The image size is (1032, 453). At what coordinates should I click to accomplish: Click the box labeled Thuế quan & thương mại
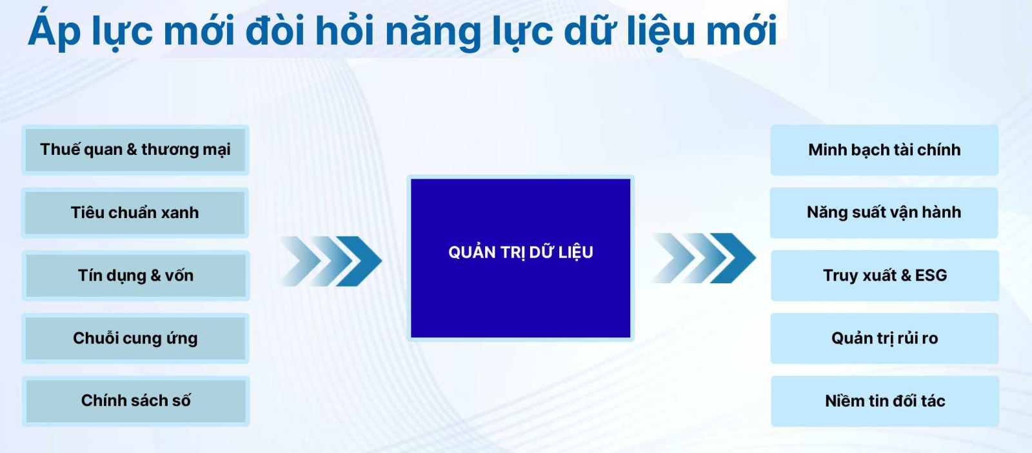135,150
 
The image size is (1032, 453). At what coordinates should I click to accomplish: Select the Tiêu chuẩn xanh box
135,212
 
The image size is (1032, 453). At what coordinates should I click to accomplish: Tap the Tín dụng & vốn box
135,276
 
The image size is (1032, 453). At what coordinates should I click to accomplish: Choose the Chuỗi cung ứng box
135,338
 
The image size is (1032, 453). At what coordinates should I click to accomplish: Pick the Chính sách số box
135,401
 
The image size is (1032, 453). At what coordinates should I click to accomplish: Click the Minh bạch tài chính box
884,150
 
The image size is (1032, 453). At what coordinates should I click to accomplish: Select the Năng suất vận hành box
884,212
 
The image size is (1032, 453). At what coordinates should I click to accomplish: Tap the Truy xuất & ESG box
884,276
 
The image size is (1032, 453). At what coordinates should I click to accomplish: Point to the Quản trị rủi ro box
884,338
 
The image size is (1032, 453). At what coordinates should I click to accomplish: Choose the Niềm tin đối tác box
884,401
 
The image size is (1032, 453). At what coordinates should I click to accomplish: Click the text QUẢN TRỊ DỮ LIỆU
521,252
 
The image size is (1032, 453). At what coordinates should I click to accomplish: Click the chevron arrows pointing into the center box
331,261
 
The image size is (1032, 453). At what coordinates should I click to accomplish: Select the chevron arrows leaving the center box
704,258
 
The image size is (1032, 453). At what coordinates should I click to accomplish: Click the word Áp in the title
54,30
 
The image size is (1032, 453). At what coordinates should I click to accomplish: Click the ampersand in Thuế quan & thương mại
132,149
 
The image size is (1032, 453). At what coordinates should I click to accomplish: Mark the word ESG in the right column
931,275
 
